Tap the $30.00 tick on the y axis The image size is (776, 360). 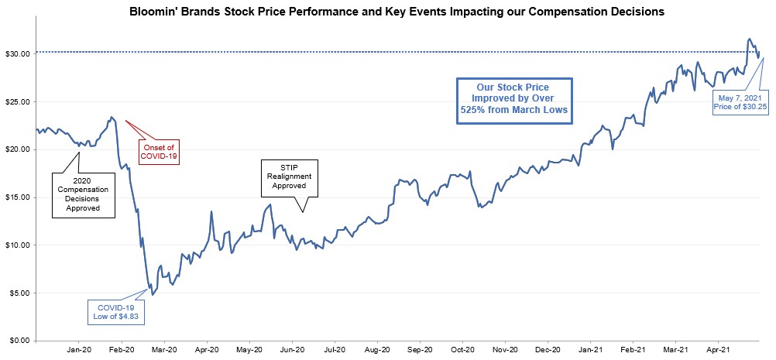(x=18, y=54)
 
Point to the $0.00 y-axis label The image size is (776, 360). (x=20, y=341)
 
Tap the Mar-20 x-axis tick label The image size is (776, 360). (x=164, y=350)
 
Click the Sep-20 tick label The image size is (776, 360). (x=420, y=350)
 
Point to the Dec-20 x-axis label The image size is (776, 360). (x=548, y=350)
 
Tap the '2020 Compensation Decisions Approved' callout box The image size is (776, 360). (x=81, y=193)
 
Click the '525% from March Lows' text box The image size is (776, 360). (x=513, y=98)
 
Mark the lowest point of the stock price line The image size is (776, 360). (x=153, y=295)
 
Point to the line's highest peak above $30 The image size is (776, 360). (x=748, y=39)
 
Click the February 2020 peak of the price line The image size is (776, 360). (x=112, y=118)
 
